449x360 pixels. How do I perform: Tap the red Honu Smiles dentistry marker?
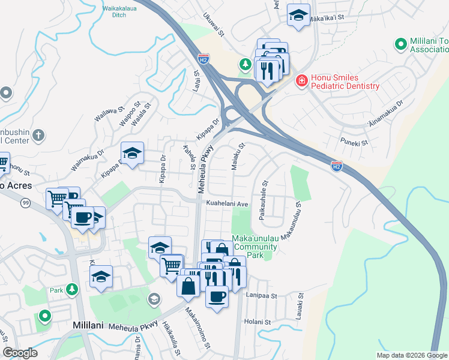301,80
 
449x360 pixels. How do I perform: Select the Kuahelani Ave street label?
228,204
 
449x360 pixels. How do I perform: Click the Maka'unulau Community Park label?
256,247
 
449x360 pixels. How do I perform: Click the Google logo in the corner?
20,353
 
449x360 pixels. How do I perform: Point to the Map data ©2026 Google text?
412,355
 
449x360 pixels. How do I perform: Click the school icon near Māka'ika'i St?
298,16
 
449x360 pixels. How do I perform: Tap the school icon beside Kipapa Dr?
132,153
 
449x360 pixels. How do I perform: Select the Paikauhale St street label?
263,202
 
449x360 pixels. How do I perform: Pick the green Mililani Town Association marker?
400,44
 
